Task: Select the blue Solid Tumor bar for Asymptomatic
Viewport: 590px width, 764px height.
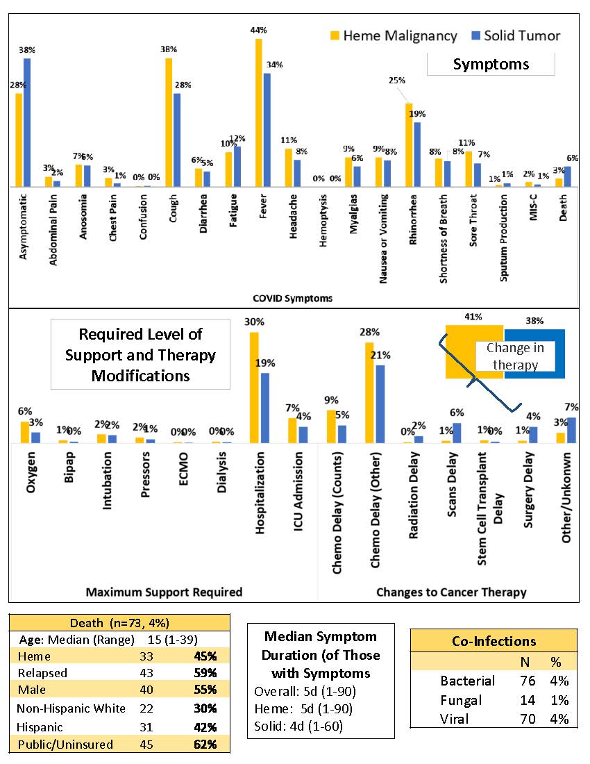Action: pos(27,122)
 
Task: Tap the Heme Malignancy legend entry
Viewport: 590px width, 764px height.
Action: pos(392,35)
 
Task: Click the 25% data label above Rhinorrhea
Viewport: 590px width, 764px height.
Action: pos(396,80)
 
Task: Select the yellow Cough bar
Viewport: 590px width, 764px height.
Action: pos(169,122)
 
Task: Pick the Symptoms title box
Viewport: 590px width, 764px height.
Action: pos(490,65)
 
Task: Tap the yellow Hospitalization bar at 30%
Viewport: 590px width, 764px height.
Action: pos(254,387)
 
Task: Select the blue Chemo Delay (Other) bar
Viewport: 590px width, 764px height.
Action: pos(380,404)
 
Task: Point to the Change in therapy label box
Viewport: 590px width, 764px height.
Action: pos(515,356)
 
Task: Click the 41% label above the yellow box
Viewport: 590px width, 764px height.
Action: pos(474,317)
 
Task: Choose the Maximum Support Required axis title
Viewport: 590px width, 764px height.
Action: pos(164,592)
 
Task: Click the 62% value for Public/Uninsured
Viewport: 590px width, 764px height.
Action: pos(206,745)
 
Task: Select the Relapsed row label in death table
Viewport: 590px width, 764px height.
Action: pos(42,673)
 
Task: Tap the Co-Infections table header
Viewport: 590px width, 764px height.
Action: pos(493,641)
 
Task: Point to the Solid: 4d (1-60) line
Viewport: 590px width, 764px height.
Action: pos(298,726)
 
